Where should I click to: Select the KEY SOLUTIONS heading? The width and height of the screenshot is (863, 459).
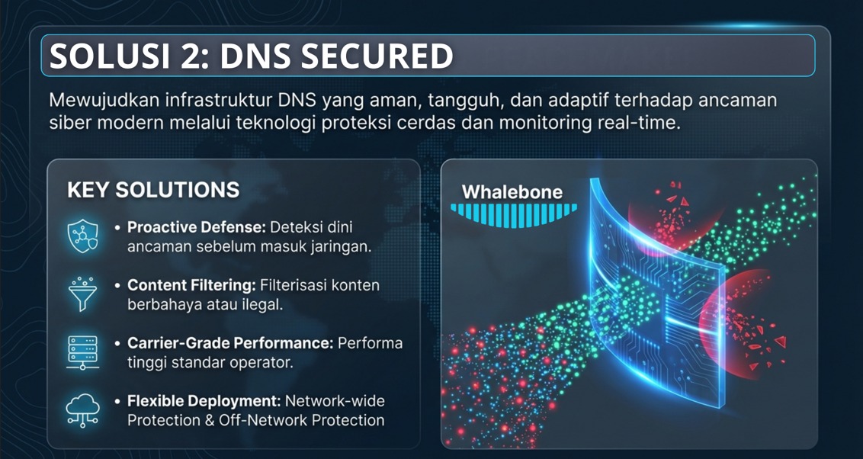coord(153,190)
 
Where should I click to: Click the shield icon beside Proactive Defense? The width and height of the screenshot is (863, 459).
coord(82,236)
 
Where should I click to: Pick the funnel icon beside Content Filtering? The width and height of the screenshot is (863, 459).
coord(82,294)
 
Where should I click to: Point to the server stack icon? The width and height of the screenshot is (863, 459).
coord(82,352)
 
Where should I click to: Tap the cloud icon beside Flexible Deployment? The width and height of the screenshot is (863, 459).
coord(82,410)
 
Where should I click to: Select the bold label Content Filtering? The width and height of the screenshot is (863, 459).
coord(191,285)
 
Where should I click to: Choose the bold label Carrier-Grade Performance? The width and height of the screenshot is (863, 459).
coord(230,343)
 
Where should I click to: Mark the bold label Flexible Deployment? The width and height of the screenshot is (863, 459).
coord(204,400)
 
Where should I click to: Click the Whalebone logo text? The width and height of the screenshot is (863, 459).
coord(512,192)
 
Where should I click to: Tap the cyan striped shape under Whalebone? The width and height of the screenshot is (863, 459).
coord(512,213)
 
